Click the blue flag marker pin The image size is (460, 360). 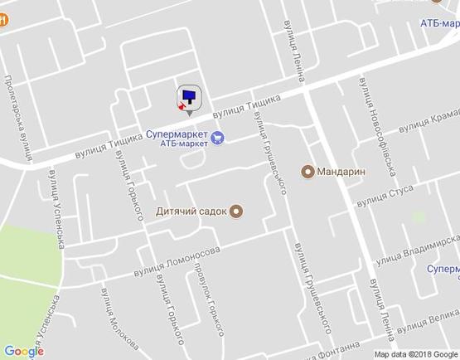point(190,97)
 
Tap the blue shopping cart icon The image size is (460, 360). point(217,138)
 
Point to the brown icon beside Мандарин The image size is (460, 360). point(308,173)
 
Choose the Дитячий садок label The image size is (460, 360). point(191,211)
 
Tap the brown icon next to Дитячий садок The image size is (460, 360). point(236,211)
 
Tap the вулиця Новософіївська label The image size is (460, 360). point(378,124)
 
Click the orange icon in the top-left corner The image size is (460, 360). point(3,22)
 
